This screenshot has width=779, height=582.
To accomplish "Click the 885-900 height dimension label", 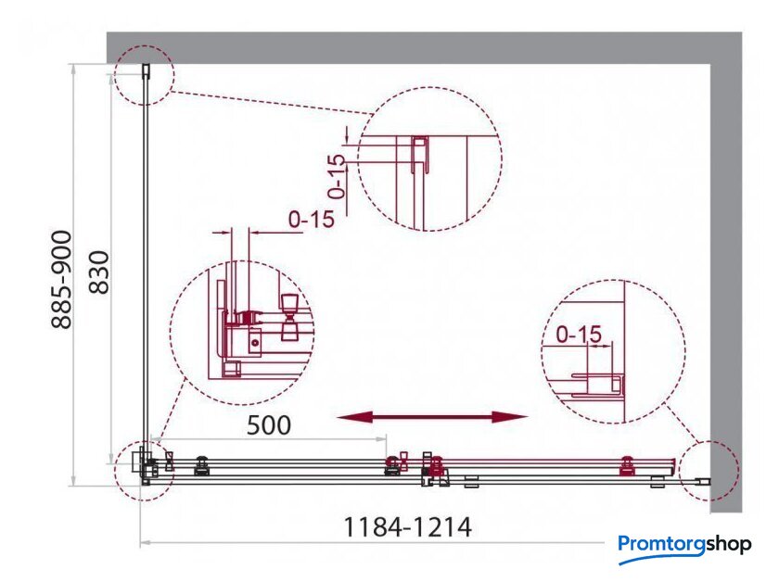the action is coord(62,280).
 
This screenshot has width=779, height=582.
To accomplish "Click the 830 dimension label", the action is coord(99,272).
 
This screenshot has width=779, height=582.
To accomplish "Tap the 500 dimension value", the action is coord(269,425).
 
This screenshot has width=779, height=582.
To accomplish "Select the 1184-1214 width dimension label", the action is coord(407,527).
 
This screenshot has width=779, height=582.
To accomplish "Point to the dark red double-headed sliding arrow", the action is coord(432,417).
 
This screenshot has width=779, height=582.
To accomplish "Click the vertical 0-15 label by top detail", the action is coord(338,176).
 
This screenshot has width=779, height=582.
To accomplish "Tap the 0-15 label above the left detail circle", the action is coord(312,219).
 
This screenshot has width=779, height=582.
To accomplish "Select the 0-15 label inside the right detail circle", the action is coord(579,335).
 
